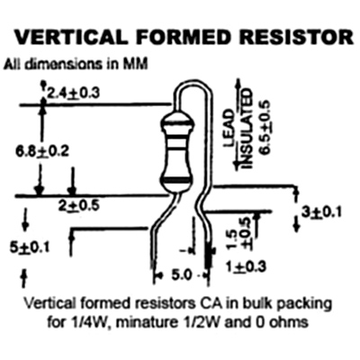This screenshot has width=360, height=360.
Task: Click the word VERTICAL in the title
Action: pyautogui.click(x=71, y=37)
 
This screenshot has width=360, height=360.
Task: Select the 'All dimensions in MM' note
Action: pyautogui.click(x=76, y=64)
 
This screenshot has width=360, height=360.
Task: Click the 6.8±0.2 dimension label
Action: pyautogui.click(x=42, y=150)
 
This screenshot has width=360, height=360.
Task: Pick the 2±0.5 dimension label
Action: pyautogui.click(x=79, y=206)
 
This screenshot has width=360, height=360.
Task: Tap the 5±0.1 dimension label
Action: pyautogui.click(x=29, y=247)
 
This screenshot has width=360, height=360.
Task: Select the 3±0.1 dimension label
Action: pyautogui.click(x=321, y=212)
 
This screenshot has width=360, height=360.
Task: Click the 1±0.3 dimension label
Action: pyautogui.click(x=247, y=266)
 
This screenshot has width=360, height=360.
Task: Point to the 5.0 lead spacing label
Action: pyautogui.click(x=181, y=275)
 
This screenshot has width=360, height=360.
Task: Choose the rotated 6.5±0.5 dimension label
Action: pyautogui.click(x=265, y=128)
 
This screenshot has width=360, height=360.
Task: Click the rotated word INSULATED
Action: pyautogui.click(x=247, y=129)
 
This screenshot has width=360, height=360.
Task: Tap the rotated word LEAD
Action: pyautogui.click(x=229, y=129)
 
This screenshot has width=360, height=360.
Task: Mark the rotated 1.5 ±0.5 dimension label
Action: pyautogui.click(x=239, y=233)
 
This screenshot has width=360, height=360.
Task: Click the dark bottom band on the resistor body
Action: pyautogui.click(x=177, y=180)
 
